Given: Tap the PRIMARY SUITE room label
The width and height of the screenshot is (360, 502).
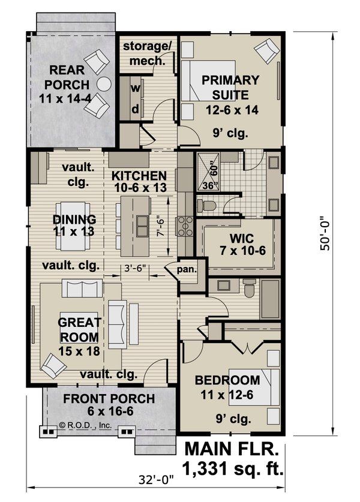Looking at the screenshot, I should click(230, 88).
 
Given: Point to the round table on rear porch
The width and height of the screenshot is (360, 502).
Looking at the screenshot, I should click(105, 84).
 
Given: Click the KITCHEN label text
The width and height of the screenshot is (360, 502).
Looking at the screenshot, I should click(139, 182).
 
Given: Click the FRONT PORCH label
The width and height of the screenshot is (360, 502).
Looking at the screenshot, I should click(109, 405).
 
